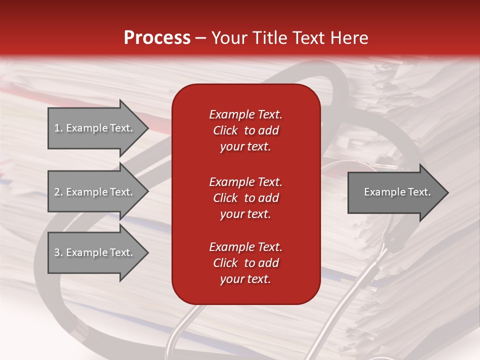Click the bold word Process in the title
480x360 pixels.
pyautogui.click(x=157, y=38)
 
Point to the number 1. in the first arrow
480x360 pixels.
pyautogui.click(x=58, y=128)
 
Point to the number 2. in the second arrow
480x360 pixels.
pyautogui.click(x=58, y=192)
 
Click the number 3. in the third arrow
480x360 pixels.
pyautogui.click(x=58, y=252)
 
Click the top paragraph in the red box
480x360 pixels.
pyautogui.click(x=245, y=130)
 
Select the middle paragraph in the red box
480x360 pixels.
pyautogui.click(x=245, y=198)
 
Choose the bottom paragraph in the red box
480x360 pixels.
pyautogui.click(x=245, y=263)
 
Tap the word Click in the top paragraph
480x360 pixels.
pyautogui.click(x=225, y=130)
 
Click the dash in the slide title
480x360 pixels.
pyautogui.click(x=200, y=38)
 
